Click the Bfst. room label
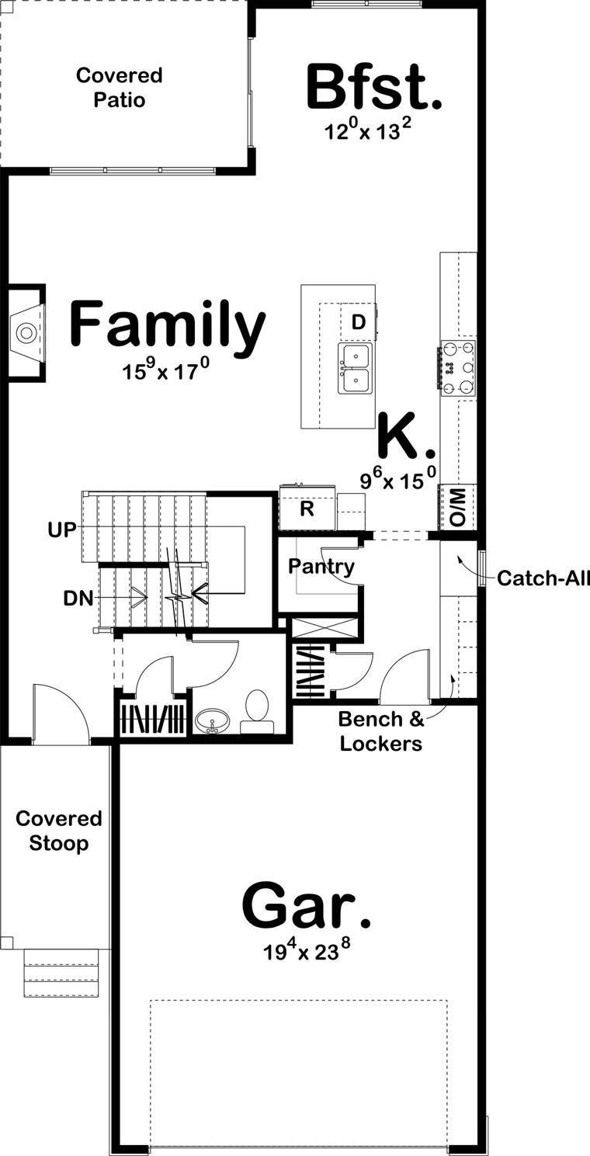pos(374,88)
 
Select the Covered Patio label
pos(120,88)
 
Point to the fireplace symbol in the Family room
pos(27,333)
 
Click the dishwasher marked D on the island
pos(358,321)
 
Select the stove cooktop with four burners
pos(458,368)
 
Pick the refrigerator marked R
pos(307,509)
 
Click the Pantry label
pos(321,567)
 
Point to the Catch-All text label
pos(543,578)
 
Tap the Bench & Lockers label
pos(380,731)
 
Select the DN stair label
pos(78,598)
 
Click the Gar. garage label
pos(306,906)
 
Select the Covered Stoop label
pos(58,831)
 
